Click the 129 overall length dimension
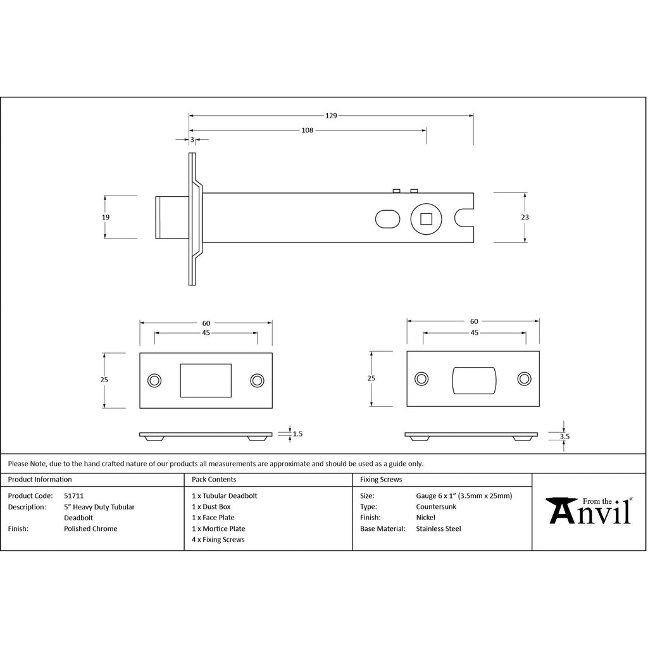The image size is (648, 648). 331,116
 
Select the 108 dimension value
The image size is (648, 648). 307,130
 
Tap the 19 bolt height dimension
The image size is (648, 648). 106,217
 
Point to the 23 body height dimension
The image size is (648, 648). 525,217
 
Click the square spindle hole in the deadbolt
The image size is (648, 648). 426,218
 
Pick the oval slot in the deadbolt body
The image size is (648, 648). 387,218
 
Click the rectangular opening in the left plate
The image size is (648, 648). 206,380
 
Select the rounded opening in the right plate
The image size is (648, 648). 473,380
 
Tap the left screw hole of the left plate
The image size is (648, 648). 154,380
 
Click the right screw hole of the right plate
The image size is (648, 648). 525,378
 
